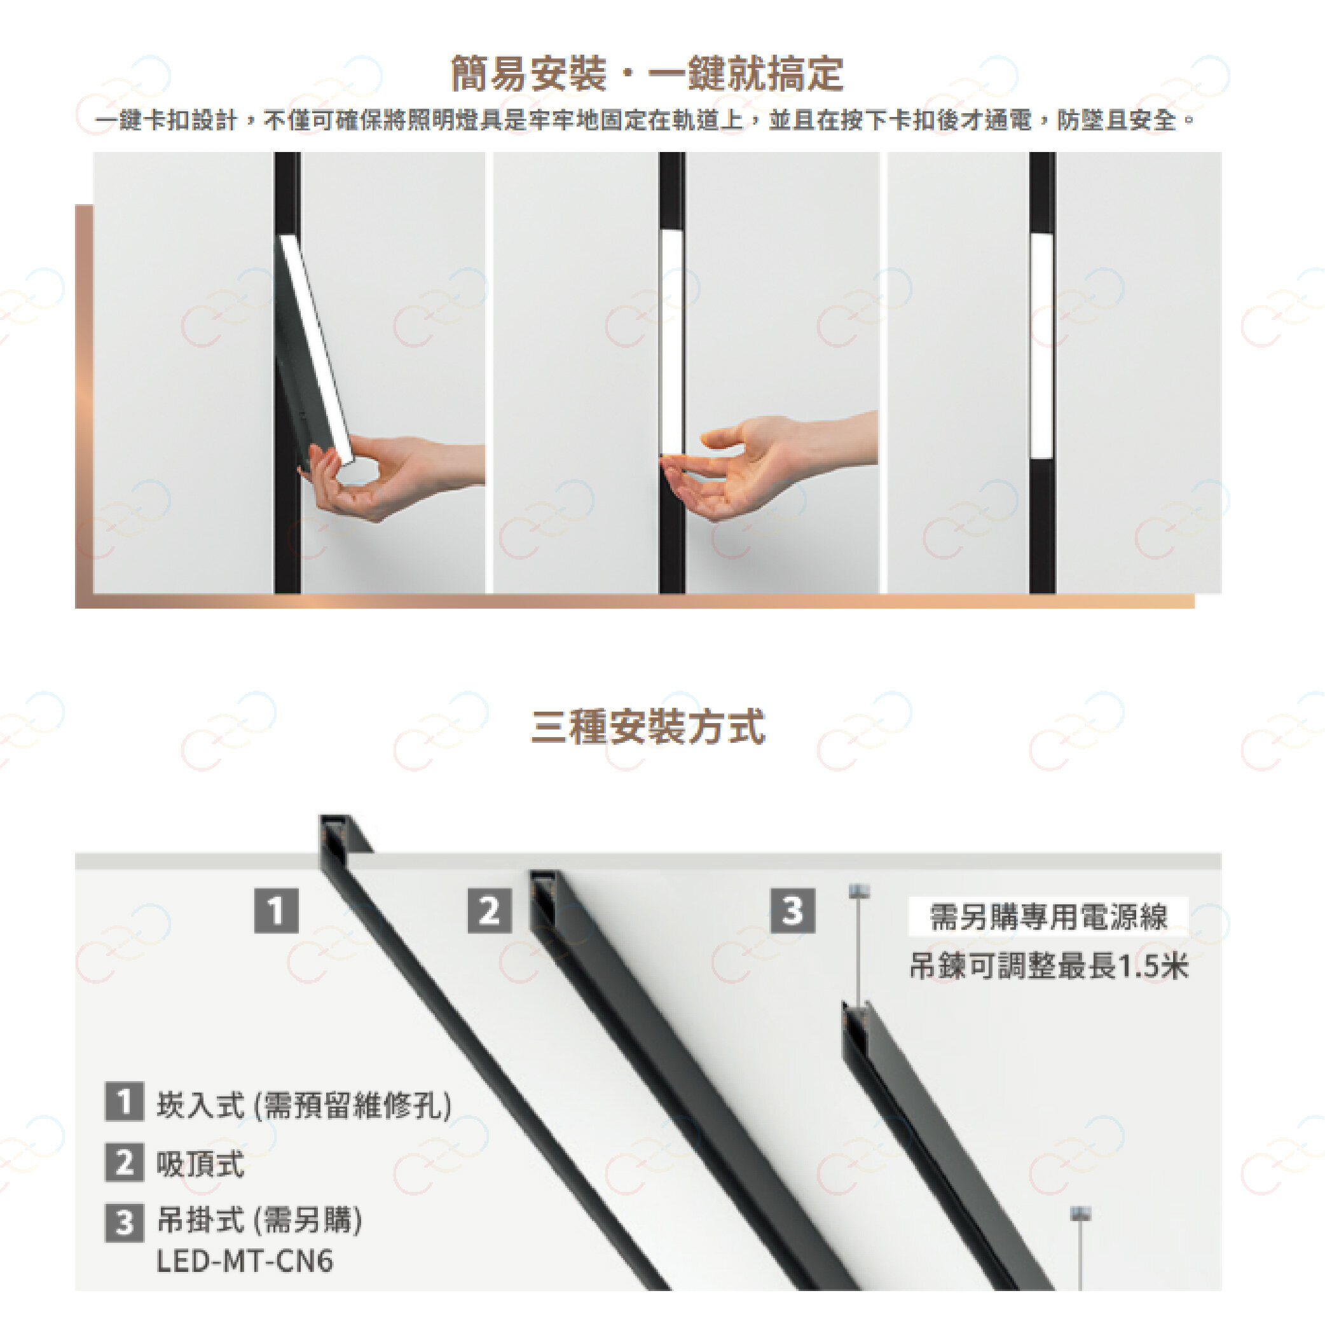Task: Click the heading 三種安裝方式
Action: [647, 728]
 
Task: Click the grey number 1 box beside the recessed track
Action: [277, 911]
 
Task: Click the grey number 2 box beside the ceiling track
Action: [489, 911]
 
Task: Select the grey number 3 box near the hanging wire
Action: [793, 911]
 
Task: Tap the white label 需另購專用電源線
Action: [1048, 917]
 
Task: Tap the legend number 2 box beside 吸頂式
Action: [124, 1163]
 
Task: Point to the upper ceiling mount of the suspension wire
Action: [858, 891]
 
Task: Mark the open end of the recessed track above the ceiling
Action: [336, 831]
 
